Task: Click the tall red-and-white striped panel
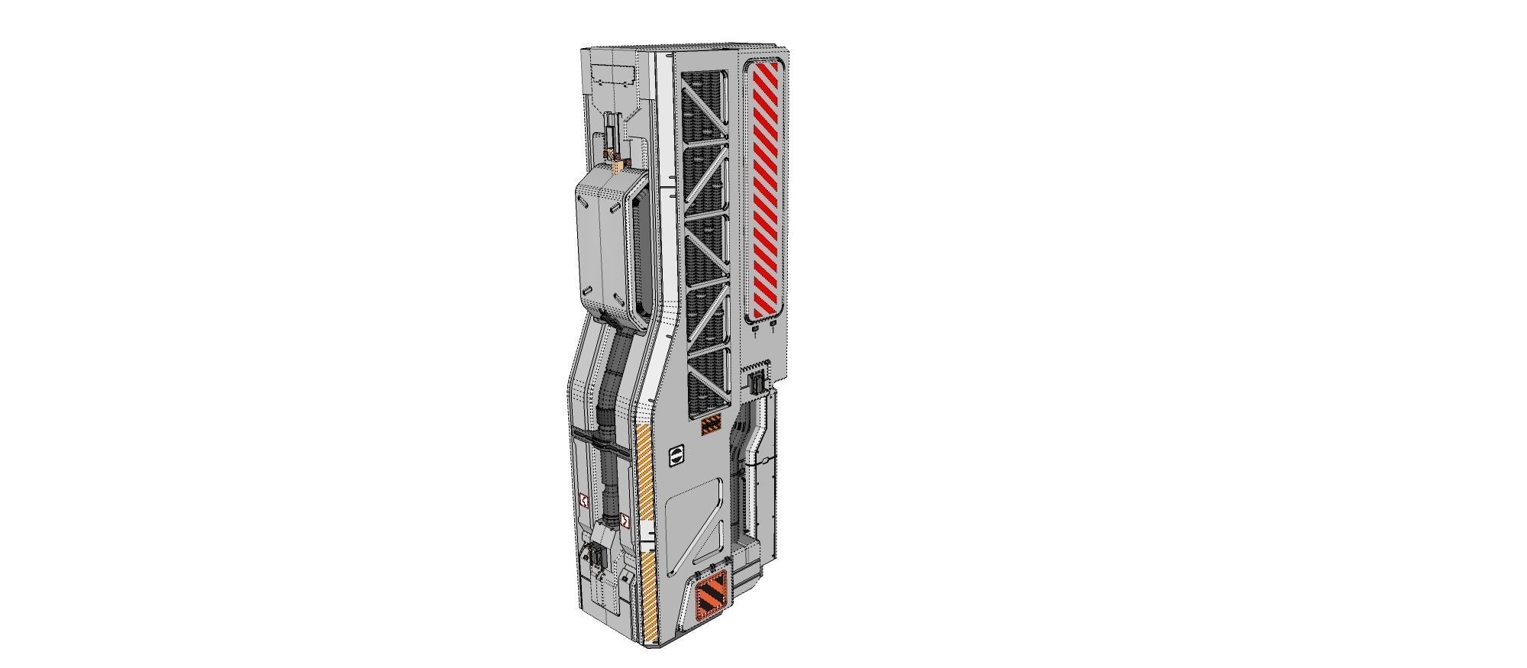[766, 189]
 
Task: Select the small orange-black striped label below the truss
[711, 425]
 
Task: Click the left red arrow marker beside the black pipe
[584, 501]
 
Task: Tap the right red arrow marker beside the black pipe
[625, 521]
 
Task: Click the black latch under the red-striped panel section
[757, 383]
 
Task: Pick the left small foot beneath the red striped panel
[755, 329]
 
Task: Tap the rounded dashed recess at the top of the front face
[616, 76]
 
